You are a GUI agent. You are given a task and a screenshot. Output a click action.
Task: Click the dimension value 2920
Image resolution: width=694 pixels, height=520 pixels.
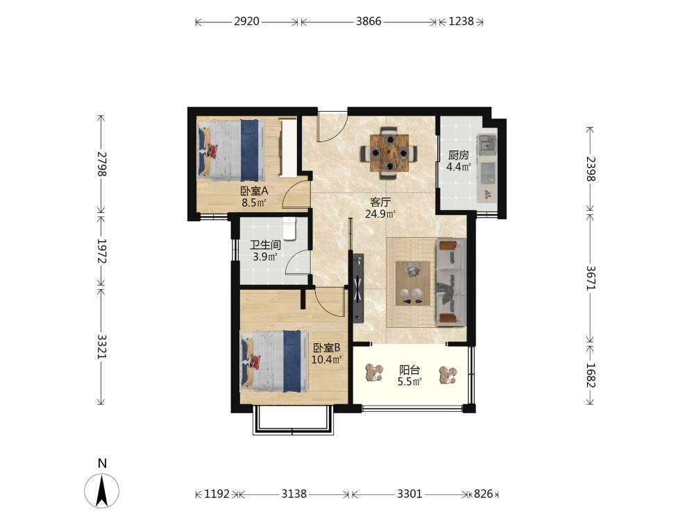[246, 21]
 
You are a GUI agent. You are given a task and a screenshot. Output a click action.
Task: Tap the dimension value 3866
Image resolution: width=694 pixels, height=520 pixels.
[369, 21]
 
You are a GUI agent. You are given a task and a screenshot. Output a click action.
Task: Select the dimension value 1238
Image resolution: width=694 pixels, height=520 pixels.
[462, 21]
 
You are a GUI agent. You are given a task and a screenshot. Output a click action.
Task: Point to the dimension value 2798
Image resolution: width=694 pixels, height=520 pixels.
[102, 164]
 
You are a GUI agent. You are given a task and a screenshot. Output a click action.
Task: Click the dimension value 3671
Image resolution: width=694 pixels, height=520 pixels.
[591, 278]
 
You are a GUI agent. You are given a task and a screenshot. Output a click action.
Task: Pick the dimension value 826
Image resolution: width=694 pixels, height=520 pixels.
[483, 494]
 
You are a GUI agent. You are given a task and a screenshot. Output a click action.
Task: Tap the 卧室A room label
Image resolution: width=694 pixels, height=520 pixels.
[255, 191]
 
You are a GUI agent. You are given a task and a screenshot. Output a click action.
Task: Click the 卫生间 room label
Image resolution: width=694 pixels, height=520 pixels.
[265, 245]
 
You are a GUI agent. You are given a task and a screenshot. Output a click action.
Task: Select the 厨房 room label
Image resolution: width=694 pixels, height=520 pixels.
[459, 155]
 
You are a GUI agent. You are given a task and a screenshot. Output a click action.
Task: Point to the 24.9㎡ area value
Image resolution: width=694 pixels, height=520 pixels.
[380, 214]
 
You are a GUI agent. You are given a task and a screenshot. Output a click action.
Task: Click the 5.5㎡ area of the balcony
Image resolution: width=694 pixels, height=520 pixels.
[409, 381]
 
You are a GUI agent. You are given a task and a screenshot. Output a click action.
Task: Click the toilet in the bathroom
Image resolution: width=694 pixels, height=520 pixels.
[289, 228]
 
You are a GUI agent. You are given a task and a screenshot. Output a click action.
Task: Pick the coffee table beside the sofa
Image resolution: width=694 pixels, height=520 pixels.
[413, 284]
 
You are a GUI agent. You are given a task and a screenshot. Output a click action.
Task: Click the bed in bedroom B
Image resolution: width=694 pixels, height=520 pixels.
[274, 361]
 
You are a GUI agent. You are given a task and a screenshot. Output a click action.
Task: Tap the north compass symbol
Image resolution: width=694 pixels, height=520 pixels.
[102, 491]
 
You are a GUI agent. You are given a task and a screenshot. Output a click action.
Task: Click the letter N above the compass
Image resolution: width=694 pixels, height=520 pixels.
[102, 463]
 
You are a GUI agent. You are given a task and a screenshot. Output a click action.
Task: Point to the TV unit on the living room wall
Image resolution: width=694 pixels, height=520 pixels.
[358, 288]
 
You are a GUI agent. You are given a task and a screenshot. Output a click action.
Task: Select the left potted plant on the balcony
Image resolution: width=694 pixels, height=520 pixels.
[375, 373]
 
